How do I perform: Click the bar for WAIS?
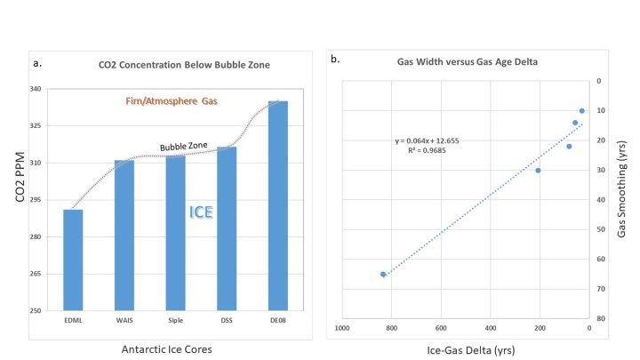tap(124, 236)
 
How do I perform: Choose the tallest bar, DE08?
tap(277, 205)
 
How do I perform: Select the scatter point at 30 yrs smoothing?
tap(538, 170)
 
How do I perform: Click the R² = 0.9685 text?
tap(428, 151)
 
